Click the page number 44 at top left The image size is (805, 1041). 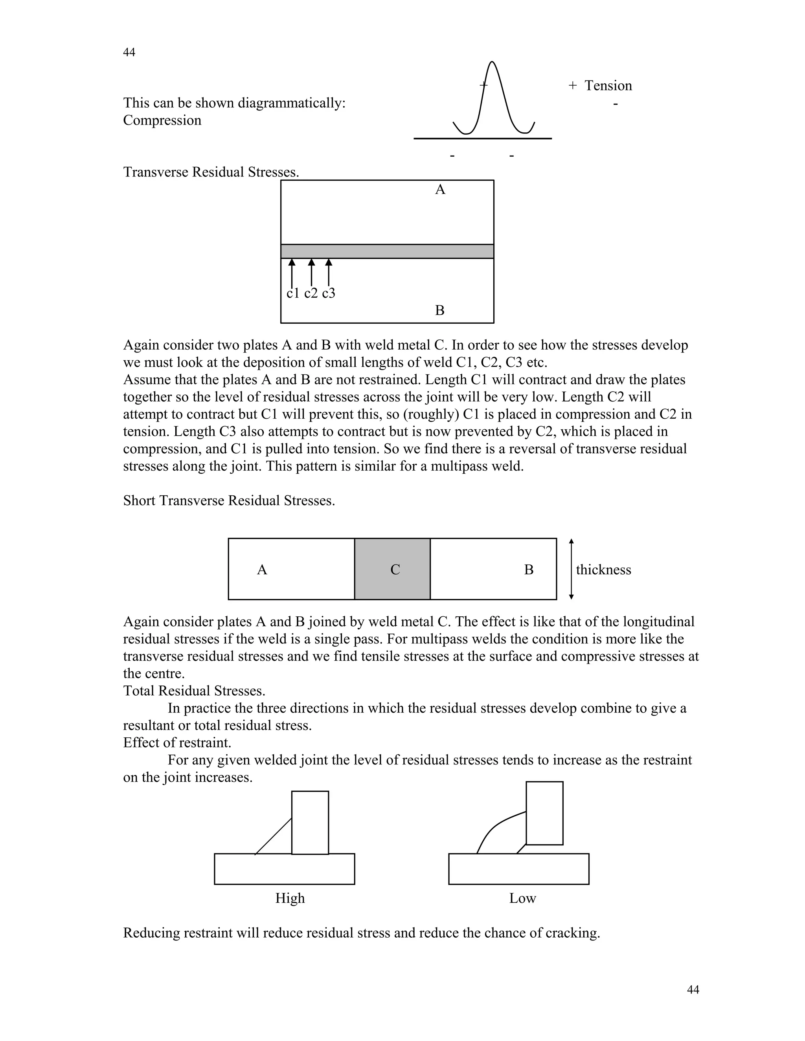pos(129,52)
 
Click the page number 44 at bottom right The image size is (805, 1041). pos(693,990)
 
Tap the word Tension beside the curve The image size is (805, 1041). pos(608,86)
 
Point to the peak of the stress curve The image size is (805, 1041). pos(492,62)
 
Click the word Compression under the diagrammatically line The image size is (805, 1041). pos(162,120)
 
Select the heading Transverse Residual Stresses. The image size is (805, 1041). pos(211,172)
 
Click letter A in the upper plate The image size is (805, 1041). pos(440,190)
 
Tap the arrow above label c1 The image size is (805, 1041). pos(292,272)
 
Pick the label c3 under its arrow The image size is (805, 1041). pos(329,293)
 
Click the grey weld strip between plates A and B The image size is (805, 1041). pos(387,251)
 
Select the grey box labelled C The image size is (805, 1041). pos(392,569)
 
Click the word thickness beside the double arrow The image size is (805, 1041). pos(603,570)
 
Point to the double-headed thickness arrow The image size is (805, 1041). pos(571,569)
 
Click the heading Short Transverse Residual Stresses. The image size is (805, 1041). pos(229,500)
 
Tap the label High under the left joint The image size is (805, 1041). pos(289,898)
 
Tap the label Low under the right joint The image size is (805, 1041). pos(522,898)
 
